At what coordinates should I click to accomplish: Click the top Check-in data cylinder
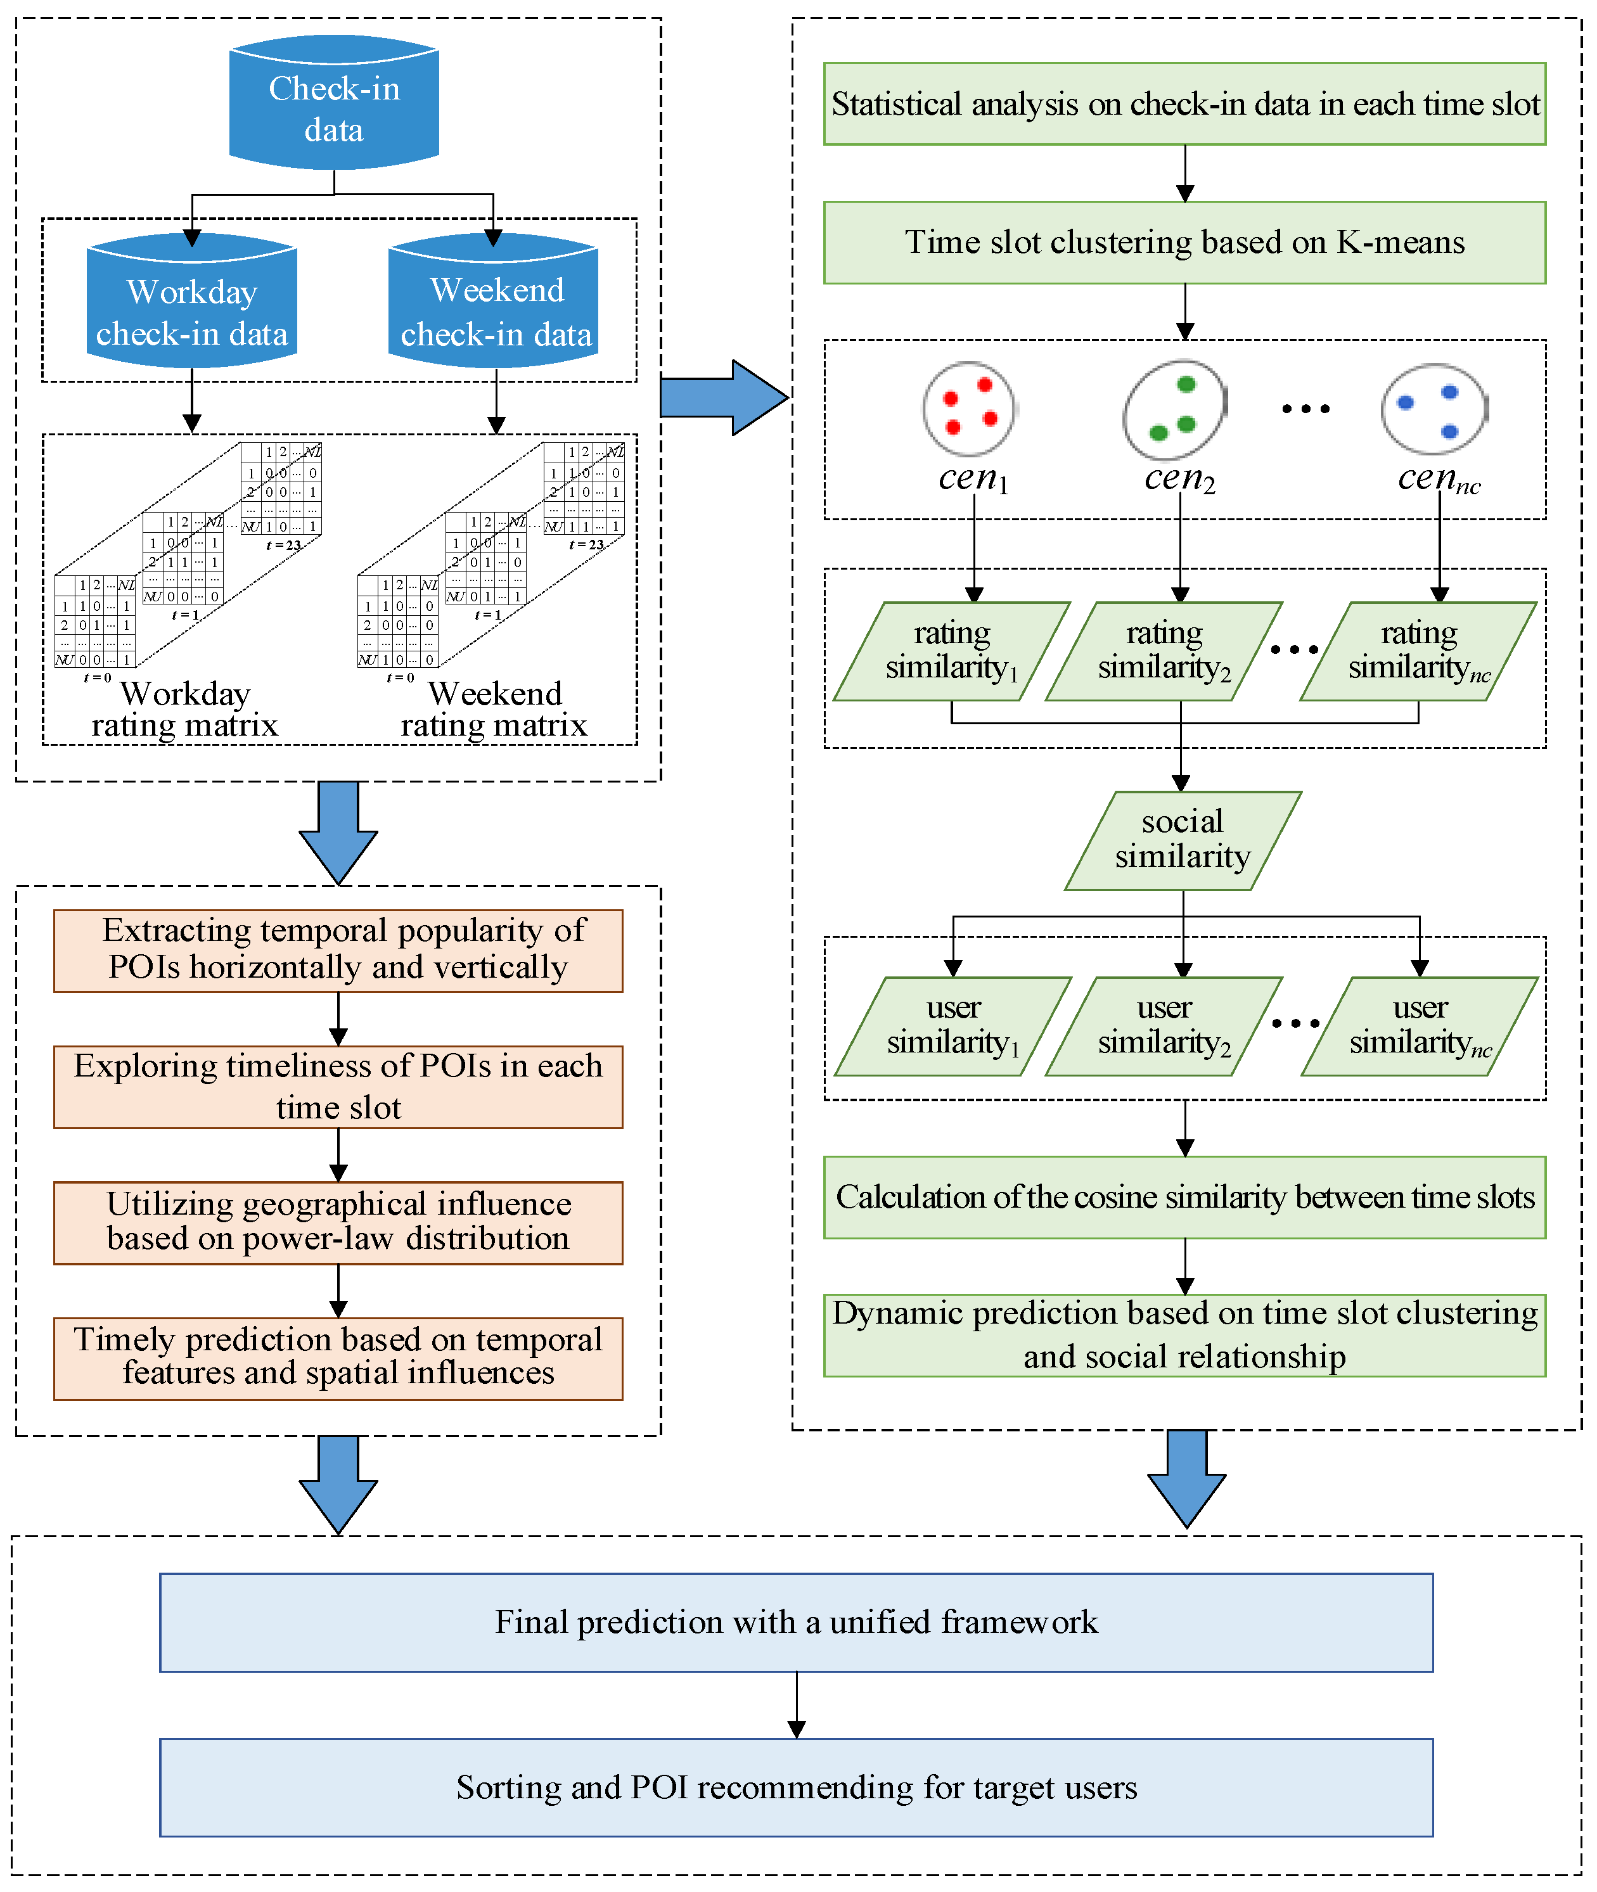point(334,103)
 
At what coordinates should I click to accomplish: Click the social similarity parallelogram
point(1183,840)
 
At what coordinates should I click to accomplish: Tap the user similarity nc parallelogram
point(1420,1026)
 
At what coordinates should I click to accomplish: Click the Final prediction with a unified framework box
point(796,1622)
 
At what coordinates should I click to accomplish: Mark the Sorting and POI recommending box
point(796,1787)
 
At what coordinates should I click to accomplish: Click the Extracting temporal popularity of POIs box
point(338,950)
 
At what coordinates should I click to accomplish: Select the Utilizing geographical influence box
point(338,1222)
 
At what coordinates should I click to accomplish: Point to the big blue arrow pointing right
point(724,397)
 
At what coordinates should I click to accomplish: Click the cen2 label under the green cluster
point(1179,478)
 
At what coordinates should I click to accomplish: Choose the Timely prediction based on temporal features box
point(338,1358)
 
